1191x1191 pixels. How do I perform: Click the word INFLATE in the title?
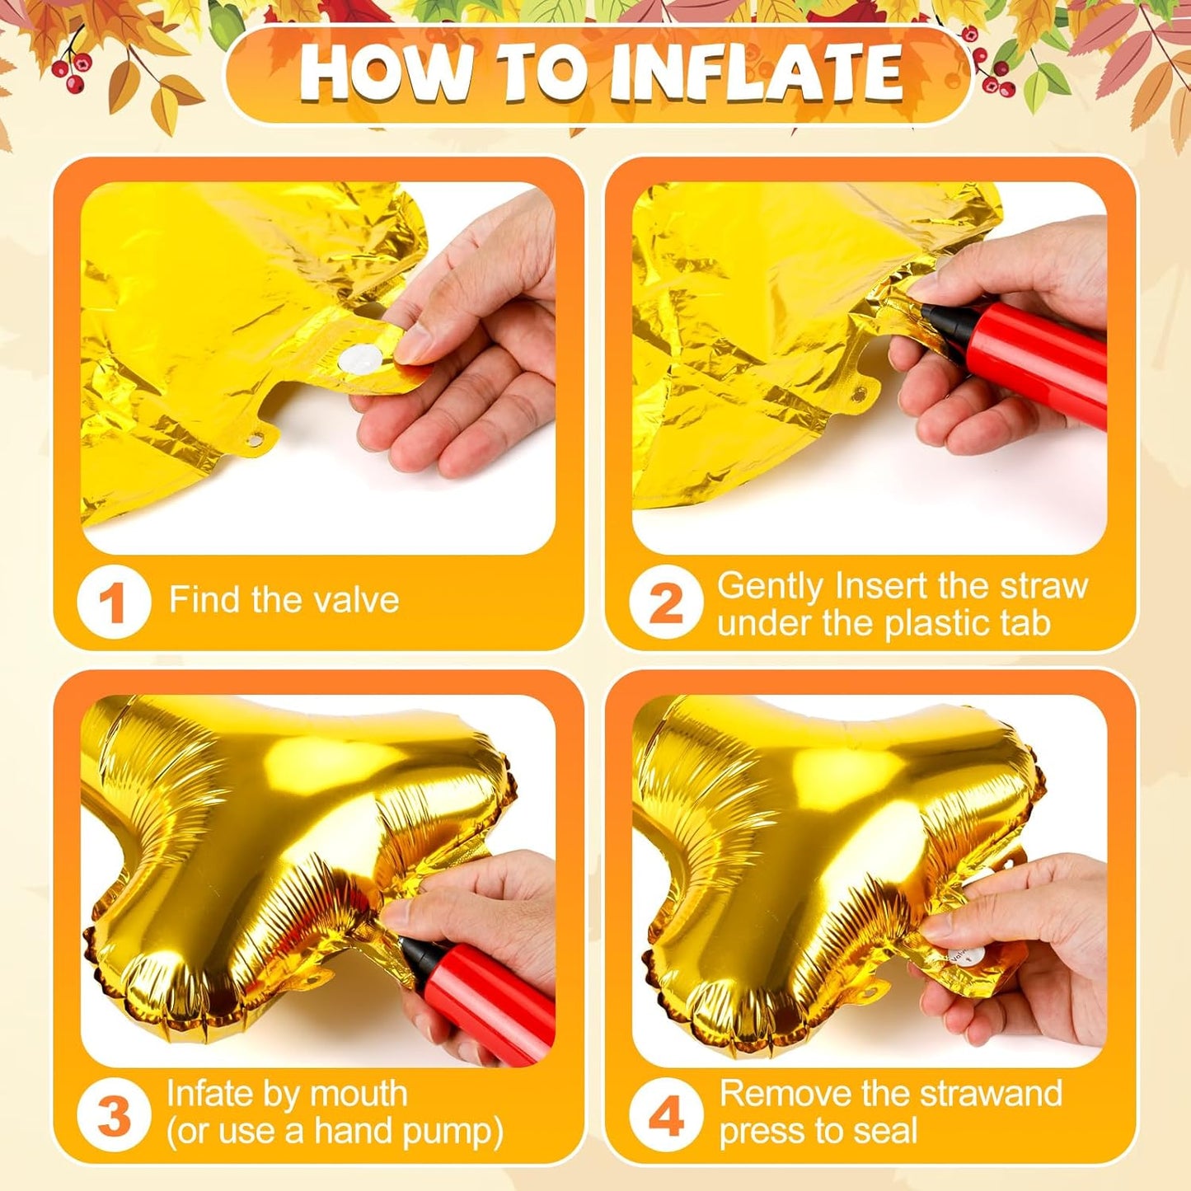756,73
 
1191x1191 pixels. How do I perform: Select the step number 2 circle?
665,603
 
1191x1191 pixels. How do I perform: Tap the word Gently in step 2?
770,587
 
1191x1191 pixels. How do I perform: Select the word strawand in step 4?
990,1095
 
